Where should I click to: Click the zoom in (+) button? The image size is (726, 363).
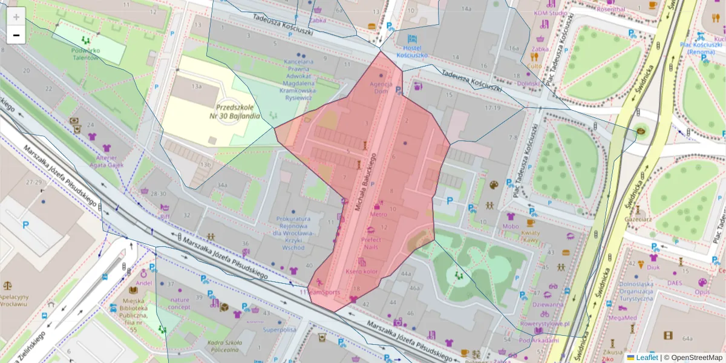tap(16, 17)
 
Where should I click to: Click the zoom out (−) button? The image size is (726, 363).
tap(16, 35)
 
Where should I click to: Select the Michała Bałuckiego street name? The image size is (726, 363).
tap(366, 182)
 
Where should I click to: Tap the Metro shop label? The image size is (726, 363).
tap(379, 214)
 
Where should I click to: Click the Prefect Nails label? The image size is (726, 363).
tap(371, 243)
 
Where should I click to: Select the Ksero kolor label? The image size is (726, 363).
tap(362, 272)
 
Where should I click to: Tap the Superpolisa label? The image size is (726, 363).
tap(280, 330)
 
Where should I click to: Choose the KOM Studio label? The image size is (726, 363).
tap(551, 13)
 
